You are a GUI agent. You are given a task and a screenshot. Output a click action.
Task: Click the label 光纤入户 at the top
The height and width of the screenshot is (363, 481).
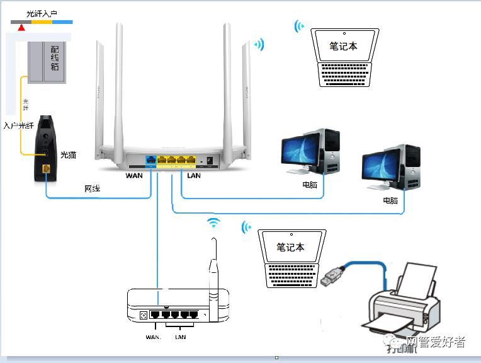pyautogui.click(x=42, y=13)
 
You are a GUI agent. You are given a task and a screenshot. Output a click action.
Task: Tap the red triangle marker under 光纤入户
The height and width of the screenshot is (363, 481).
pyautogui.click(x=22, y=27)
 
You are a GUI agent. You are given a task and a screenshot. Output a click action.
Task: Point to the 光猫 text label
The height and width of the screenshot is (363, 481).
pyautogui.click(x=68, y=154)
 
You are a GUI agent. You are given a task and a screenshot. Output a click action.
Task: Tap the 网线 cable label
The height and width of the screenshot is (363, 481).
pyautogui.click(x=93, y=188)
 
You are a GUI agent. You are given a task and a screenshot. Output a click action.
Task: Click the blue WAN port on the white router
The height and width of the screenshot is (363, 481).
pyautogui.click(x=151, y=160)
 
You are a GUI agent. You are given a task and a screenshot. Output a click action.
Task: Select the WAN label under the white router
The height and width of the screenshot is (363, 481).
pyautogui.click(x=134, y=175)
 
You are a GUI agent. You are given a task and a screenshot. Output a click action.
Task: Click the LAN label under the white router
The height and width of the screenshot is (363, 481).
pyautogui.click(x=194, y=175)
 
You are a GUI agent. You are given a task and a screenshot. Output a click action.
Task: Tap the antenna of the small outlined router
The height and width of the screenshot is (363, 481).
pyautogui.click(x=215, y=265)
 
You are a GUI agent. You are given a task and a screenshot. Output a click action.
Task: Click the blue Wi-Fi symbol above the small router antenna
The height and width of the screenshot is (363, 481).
pyautogui.click(x=214, y=222)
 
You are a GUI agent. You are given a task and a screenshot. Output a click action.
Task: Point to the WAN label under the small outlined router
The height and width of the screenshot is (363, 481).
pyautogui.click(x=154, y=338)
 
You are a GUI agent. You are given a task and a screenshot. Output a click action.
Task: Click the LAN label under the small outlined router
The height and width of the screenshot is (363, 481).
pyautogui.click(x=180, y=338)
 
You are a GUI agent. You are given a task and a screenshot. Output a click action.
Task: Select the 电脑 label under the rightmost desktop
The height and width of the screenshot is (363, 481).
pyautogui.click(x=390, y=200)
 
